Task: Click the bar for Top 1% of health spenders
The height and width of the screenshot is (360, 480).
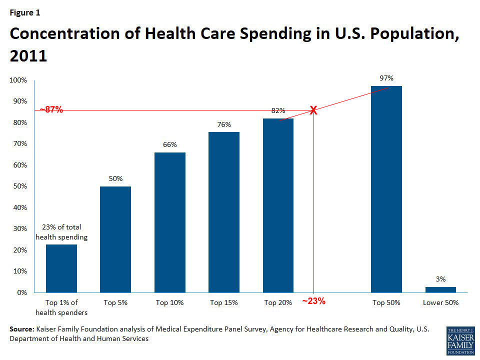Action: click(61, 268)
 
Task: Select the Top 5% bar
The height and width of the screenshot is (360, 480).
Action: click(115, 239)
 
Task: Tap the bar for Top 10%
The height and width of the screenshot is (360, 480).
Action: click(169, 222)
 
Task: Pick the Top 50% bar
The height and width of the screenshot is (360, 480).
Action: click(386, 189)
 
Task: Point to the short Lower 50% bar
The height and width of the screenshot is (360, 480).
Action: click(440, 289)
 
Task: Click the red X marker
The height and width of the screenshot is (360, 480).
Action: click(313, 110)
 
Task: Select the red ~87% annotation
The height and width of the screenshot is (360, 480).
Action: click(51, 110)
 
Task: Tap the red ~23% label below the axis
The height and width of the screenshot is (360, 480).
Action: click(314, 301)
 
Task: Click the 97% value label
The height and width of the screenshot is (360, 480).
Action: click(386, 78)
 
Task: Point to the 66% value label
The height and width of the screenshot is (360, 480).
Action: click(169, 144)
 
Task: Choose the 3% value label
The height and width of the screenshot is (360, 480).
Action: click(440, 279)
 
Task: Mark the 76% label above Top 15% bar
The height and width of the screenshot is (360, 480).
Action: click(224, 124)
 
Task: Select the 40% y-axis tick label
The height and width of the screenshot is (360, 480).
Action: click(20, 207)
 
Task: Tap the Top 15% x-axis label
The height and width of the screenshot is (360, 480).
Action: click(224, 302)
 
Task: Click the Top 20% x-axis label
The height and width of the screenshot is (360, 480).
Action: click(278, 302)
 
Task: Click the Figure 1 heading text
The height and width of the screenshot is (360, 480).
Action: click(25, 12)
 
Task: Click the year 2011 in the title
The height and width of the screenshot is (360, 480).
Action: click(28, 55)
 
